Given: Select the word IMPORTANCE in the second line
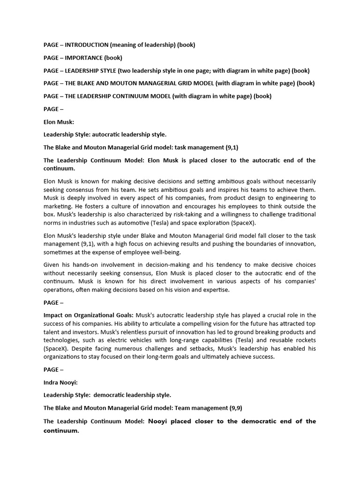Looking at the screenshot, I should click(x=84, y=58).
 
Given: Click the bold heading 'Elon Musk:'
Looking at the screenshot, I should click(x=59, y=122).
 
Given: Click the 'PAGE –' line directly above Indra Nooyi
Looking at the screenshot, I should click(x=54, y=370).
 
